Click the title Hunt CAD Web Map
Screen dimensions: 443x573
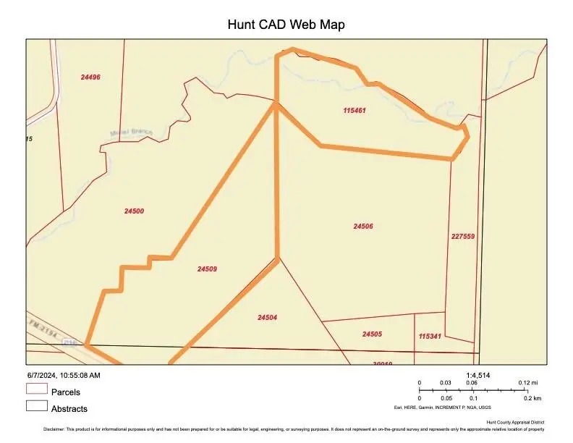click(286, 25)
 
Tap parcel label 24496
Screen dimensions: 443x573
click(90, 77)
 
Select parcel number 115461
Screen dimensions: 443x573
click(355, 111)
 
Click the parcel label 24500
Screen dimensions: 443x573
click(134, 211)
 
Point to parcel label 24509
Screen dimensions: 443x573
click(207, 269)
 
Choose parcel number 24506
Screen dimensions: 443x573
click(363, 227)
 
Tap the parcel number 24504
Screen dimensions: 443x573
click(267, 317)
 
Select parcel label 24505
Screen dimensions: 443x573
click(372, 334)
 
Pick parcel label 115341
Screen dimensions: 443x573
click(430, 337)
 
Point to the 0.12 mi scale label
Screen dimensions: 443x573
click(527, 383)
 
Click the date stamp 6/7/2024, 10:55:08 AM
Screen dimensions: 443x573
click(64, 375)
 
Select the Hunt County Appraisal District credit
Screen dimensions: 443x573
click(514, 422)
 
